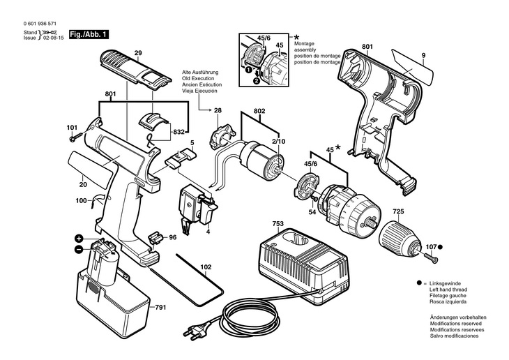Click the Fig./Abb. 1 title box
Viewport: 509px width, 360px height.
pyautogui.click(x=89, y=34)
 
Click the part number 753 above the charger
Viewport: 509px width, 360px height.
pyautogui.click(x=278, y=223)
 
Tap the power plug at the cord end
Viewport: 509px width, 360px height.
pyautogui.click(x=196, y=330)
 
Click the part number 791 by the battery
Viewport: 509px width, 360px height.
pyautogui.click(x=160, y=307)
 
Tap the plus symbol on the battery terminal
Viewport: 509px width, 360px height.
pyautogui.click(x=79, y=239)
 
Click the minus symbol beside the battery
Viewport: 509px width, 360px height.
pyautogui.click(x=79, y=250)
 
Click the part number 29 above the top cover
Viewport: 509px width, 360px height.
pyautogui.click(x=138, y=53)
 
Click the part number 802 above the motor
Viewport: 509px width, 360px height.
pyautogui.click(x=259, y=111)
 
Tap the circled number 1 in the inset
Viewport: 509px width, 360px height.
pyautogui.click(x=248, y=69)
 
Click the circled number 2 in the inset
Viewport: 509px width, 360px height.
pyautogui.click(x=257, y=81)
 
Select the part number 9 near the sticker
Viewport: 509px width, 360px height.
pyautogui.click(x=424, y=56)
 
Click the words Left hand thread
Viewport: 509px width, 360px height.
pyautogui.click(x=448, y=290)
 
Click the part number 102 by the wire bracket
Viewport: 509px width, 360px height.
pyautogui.click(x=206, y=267)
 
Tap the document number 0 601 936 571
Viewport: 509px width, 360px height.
pyautogui.click(x=40, y=24)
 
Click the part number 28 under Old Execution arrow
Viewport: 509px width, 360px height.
pyautogui.click(x=218, y=110)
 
